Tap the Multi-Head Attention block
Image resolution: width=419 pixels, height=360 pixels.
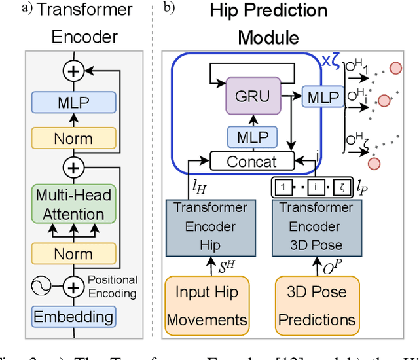pos(73,204)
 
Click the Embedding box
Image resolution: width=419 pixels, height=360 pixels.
pos(73,317)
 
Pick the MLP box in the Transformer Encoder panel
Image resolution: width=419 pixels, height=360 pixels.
pos(73,103)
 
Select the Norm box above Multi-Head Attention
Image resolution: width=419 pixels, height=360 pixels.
pos(73,138)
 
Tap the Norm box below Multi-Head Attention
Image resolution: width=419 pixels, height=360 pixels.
pos(73,252)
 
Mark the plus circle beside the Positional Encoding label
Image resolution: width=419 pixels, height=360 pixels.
pos(73,286)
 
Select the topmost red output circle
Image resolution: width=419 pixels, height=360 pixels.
pos(395,69)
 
